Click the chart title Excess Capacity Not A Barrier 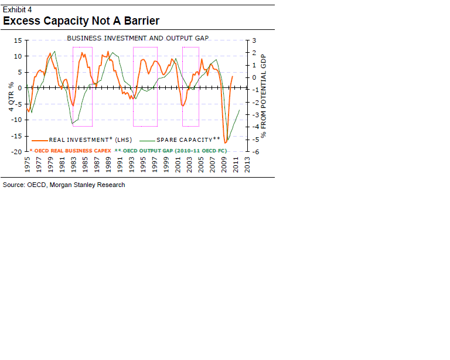pyautogui.click(x=81, y=21)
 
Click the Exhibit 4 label pyautogui.click(x=18, y=9)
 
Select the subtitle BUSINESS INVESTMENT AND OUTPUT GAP pyautogui.click(x=138, y=38)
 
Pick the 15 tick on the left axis pyautogui.click(x=18, y=40)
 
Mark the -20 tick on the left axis pyautogui.click(x=16, y=152)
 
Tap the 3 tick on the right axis pyautogui.click(x=254, y=40)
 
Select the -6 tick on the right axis pyautogui.click(x=254, y=152)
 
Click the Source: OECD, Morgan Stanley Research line pyautogui.click(x=64, y=185)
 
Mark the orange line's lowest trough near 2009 pyautogui.click(x=226, y=143)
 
